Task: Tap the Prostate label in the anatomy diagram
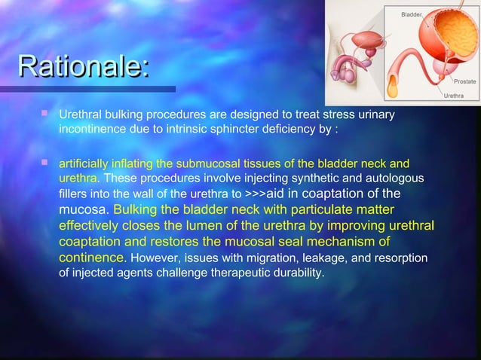[x=463, y=81]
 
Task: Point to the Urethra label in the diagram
[x=453, y=96]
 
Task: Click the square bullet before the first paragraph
[x=44, y=114]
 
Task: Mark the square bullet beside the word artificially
[x=44, y=161]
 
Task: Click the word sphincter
[x=257, y=130]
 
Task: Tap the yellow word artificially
[x=84, y=163]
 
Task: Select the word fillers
[x=73, y=194]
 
